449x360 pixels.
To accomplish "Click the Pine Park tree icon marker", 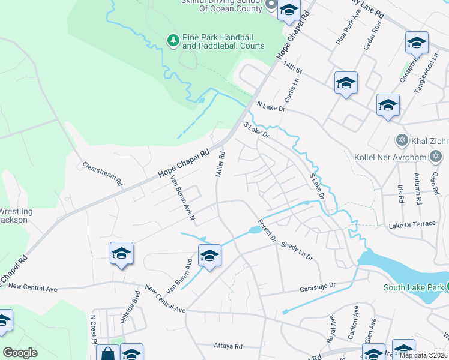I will point(173,40).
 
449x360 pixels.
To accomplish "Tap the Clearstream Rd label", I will point(102,173).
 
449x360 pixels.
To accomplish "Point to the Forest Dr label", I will point(266,230).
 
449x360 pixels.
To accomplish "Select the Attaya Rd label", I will point(228,346).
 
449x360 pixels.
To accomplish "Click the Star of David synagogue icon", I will point(402,141).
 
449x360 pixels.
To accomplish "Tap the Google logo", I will point(20,352).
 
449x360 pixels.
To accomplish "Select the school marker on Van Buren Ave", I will point(209,256).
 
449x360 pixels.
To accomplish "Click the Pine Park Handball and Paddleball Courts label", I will point(223,41).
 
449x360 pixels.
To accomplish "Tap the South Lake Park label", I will point(413,287).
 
